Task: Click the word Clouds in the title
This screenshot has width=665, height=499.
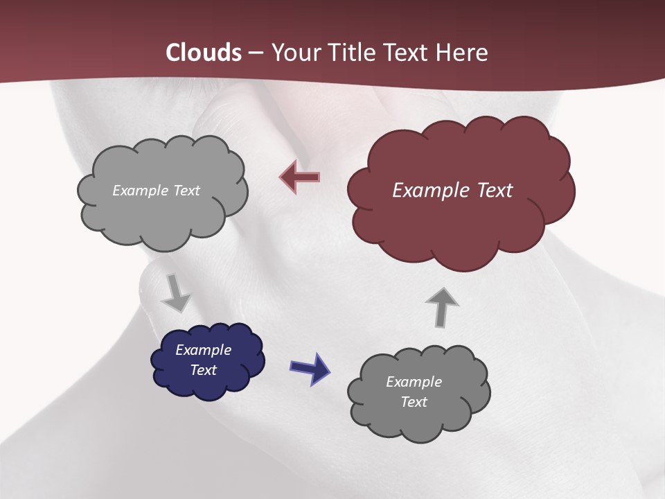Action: pos(204,53)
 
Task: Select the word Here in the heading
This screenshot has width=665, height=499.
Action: pos(464,53)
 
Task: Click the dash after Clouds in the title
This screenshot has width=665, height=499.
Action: pos(256,53)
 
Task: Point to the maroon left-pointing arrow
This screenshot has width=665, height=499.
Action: pos(299,177)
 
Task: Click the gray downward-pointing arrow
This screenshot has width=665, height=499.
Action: pos(176,293)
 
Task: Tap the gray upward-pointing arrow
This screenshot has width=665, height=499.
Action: pos(442,306)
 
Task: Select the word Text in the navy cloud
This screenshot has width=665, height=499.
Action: pos(204,370)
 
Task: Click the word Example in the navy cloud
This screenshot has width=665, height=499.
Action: pos(204,350)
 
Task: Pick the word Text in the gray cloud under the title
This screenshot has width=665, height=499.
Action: pos(186,191)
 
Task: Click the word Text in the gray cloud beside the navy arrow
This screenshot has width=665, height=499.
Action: pos(414,402)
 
